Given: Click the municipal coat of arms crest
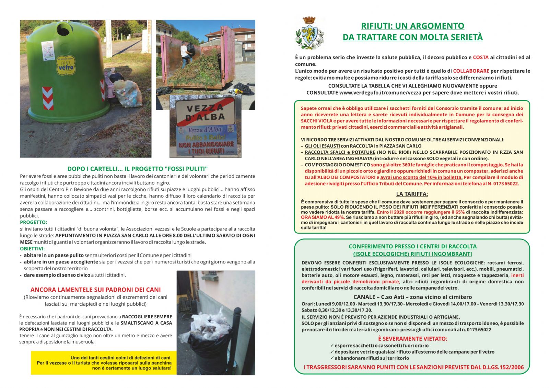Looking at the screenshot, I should pos(309,33).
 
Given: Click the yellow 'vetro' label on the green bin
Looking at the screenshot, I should pos(66,66).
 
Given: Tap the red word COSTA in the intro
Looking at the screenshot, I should pos(481,57).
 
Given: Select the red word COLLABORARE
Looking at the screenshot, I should pos(471,71).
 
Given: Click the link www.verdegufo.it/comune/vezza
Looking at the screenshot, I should pos(380,93).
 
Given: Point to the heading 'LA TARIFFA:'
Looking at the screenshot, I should pos(412,194).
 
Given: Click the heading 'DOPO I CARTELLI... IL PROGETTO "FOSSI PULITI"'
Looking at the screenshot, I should pos(137,169).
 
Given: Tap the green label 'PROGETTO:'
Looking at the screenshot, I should pos(34,222).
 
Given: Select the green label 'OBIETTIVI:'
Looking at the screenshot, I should pos(32,249).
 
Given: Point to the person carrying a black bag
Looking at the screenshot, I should pos(185,53).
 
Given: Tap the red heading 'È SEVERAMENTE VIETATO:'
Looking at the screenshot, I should pos(412,339).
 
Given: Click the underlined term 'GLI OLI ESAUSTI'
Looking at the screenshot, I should pos(322,146).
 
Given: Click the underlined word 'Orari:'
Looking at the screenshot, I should pos(308,304).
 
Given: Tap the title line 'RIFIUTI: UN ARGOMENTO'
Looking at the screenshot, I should pos(412,26).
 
